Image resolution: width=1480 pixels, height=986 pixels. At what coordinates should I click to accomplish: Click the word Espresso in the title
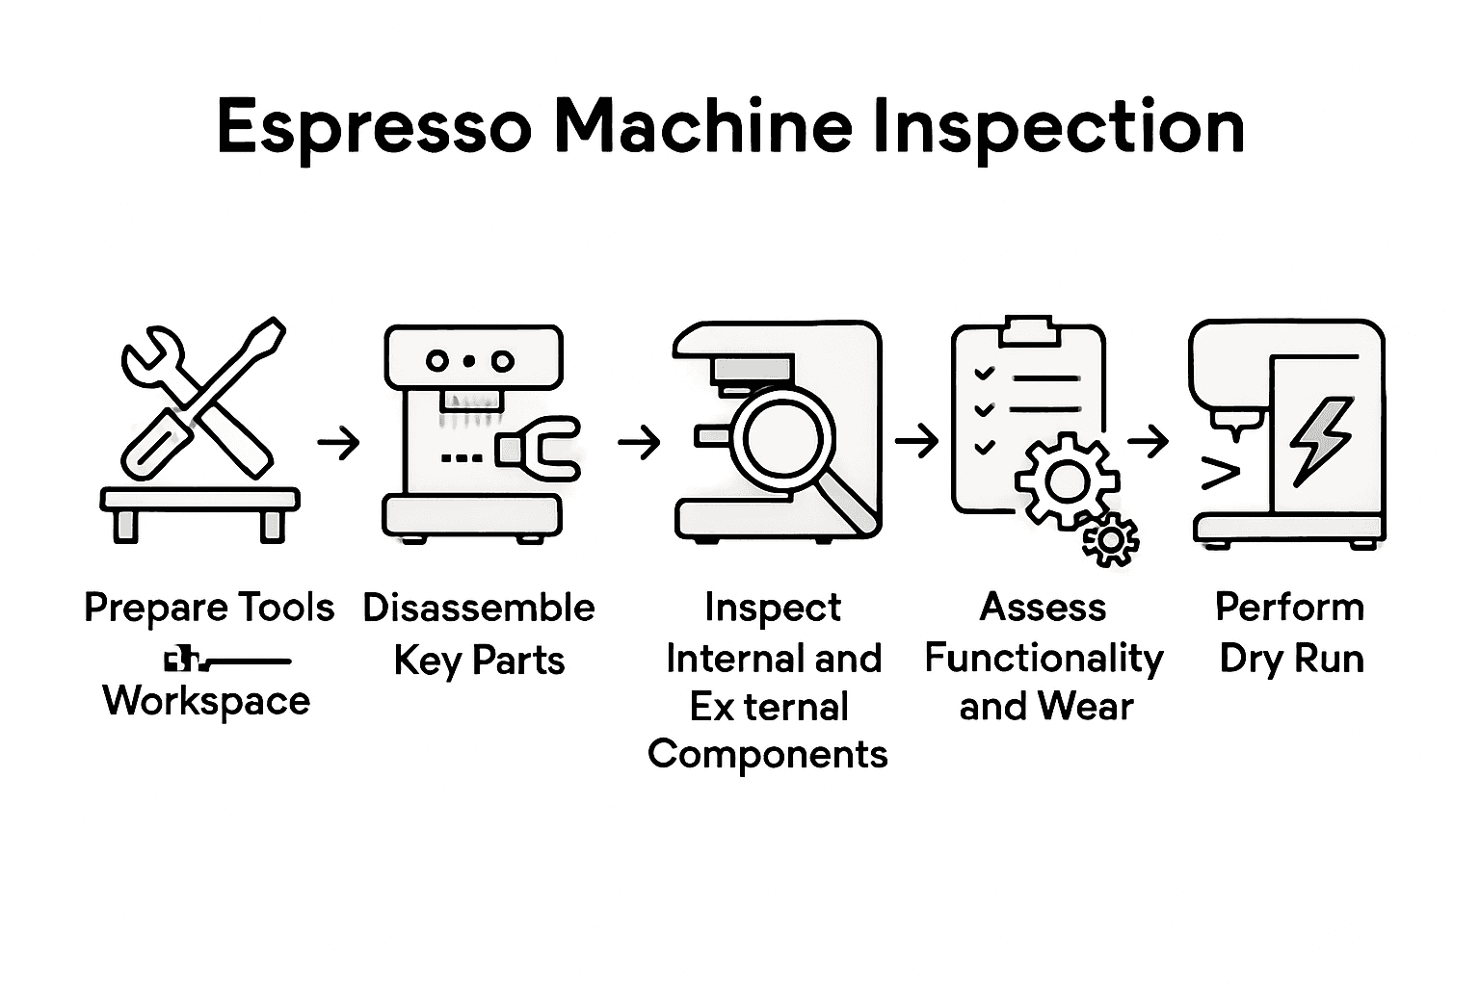click(374, 127)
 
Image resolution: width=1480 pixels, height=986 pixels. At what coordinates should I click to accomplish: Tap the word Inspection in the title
click(1057, 127)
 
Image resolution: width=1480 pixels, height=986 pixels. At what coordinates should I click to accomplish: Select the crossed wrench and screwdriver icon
click(202, 398)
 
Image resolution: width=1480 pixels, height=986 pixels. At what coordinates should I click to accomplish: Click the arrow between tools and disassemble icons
click(338, 443)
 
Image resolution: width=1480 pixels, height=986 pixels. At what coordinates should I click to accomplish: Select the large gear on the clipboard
click(1067, 480)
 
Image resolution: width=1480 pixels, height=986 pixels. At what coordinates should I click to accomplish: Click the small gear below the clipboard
click(1111, 540)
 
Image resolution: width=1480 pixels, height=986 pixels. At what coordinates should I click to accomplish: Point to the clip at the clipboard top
click(1028, 330)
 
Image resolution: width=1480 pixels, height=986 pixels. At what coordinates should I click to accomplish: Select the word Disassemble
click(479, 608)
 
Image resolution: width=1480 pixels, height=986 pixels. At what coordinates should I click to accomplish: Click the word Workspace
click(206, 701)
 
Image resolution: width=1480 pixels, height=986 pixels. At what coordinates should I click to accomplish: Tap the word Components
click(768, 755)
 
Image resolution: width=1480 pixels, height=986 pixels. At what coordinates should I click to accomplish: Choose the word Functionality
click(1044, 659)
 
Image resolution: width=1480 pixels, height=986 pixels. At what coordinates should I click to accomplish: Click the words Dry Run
click(1291, 660)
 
